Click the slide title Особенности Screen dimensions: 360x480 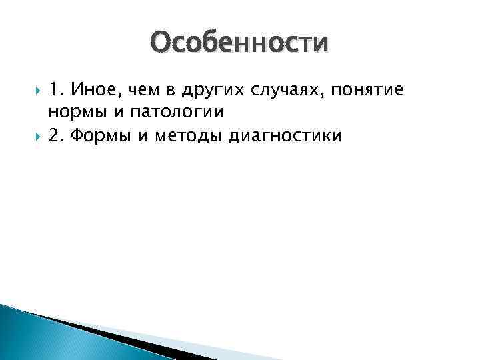tap(239, 43)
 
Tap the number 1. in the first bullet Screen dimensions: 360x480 tap(57, 90)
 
